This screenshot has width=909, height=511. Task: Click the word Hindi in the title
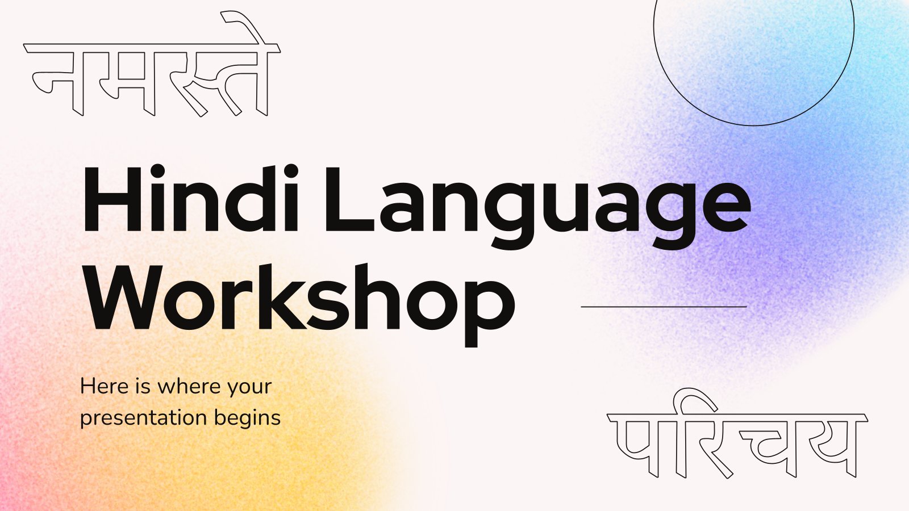point(190,199)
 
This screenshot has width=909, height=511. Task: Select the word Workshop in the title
point(301,304)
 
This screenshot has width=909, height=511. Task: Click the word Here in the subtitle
point(105,386)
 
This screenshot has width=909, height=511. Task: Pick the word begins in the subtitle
point(248,418)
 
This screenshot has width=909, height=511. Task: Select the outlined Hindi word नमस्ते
point(152,64)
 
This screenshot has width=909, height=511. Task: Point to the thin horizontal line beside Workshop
point(664,307)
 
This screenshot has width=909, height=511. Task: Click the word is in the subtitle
point(143,386)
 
